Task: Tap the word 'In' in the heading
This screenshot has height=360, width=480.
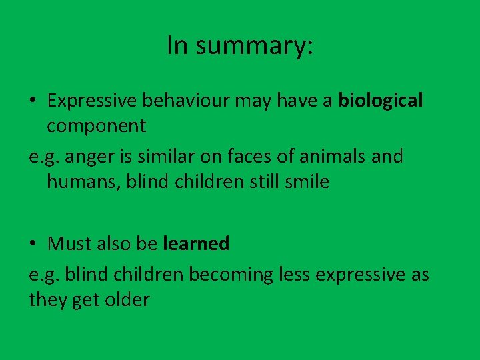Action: tap(177, 45)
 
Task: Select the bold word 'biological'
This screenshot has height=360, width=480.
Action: tap(381, 101)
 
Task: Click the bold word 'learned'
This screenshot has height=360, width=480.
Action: tap(196, 244)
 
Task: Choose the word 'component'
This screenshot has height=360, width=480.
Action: tap(96, 125)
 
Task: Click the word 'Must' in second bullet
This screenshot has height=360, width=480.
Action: tap(69, 244)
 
